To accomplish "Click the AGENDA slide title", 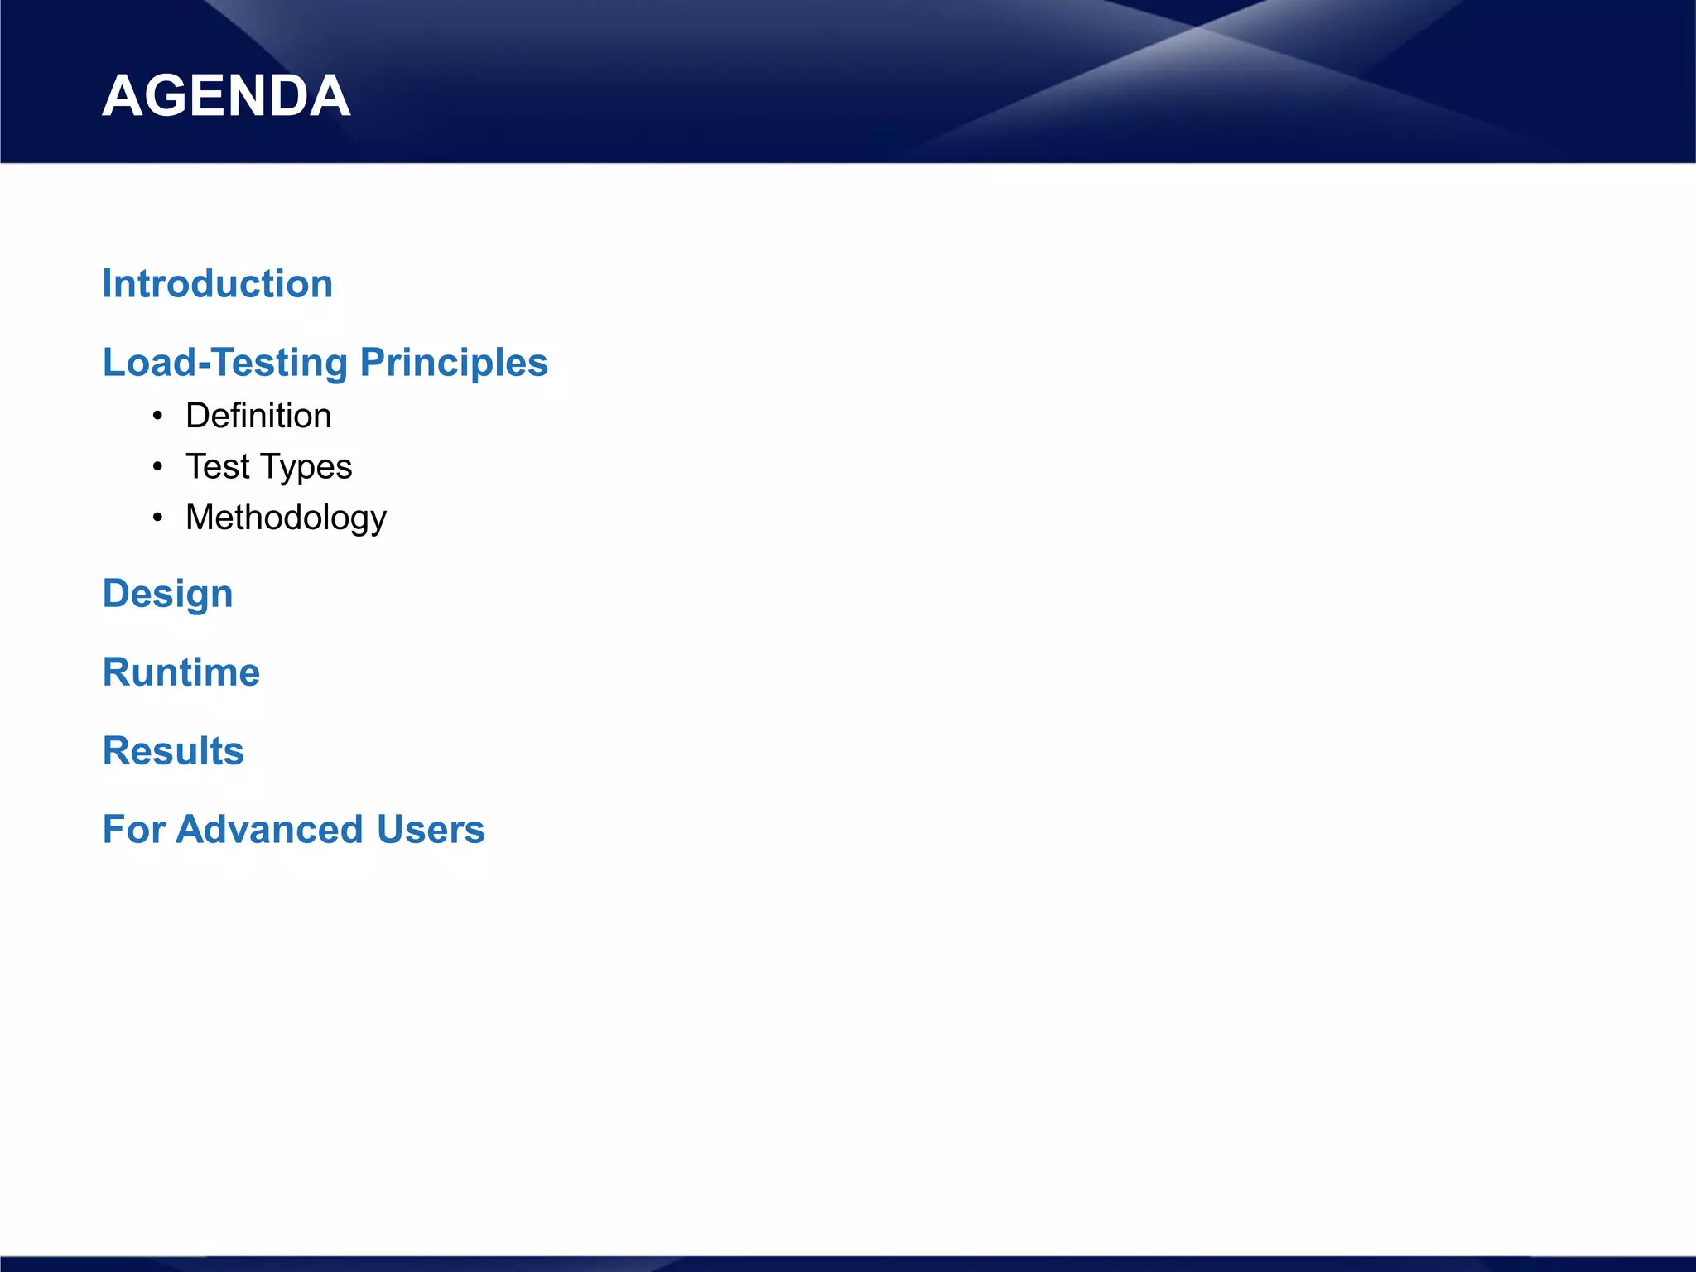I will (x=226, y=96).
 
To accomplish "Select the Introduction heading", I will (x=217, y=284).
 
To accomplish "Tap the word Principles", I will (x=454, y=363).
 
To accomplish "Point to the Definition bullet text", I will (x=258, y=416).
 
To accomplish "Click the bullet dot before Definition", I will (x=157, y=416).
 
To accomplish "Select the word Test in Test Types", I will (x=217, y=467).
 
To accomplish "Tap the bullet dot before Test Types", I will (x=157, y=467).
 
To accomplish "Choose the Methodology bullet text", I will (x=286, y=518).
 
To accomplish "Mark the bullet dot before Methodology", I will (x=157, y=518).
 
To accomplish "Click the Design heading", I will (x=167, y=595).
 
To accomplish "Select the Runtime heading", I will (x=181, y=672).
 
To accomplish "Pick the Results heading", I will (x=173, y=751).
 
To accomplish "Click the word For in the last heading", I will (x=133, y=830).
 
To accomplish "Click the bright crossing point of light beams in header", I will (x=1197, y=28).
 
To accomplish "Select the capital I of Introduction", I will (x=107, y=284).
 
